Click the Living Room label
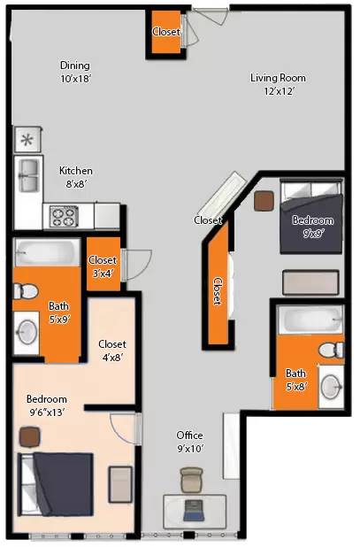pos(278,78)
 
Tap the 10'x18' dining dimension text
pos(75,79)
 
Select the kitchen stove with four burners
pos(64,216)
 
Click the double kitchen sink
pos(29,175)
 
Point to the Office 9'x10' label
pos(190,442)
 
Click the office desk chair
pos(191,480)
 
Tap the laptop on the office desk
pos(194,511)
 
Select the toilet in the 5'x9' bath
pos(26,291)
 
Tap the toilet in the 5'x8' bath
pos(331,351)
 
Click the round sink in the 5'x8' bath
pos(331,387)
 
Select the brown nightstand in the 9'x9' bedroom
pos(264,201)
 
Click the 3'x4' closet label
pos(102,267)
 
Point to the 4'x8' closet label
pos(112,351)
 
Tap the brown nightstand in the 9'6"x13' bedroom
pos(30,437)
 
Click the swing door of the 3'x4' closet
pos(136,265)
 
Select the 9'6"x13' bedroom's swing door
pos(126,428)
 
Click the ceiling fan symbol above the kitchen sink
pos(27,140)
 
